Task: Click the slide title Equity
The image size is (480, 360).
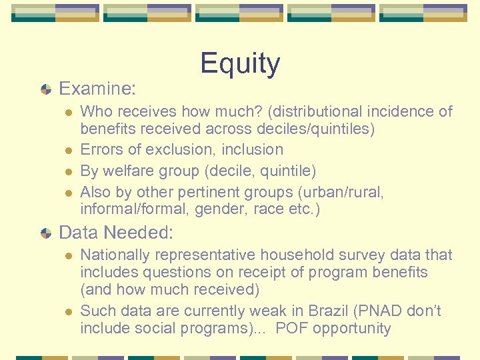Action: click(x=240, y=64)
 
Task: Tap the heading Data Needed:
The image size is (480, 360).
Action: click(x=117, y=233)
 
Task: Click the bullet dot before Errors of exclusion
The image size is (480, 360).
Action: click(x=66, y=150)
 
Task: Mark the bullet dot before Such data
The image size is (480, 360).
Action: click(x=66, y=312)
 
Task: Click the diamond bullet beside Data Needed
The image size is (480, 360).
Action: click(x=46, y=233)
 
